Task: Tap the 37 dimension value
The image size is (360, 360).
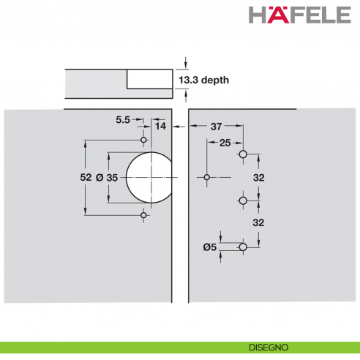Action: [x=217, y=127]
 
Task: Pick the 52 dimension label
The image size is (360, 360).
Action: [x=86, y=178]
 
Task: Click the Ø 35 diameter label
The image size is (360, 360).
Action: [x=107, y=178]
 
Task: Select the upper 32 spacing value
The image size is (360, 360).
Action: [x=258, y=177]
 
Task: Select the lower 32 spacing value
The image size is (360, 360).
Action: [x=258, y=222]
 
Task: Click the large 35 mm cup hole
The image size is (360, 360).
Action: [x=150, y=178]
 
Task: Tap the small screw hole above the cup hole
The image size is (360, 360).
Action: [x=144, y=140]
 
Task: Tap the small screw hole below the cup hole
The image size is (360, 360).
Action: [x=144, y=216]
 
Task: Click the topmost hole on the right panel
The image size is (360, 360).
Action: [x=243, y=154]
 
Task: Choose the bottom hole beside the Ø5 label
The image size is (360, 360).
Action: [x=243, y=247]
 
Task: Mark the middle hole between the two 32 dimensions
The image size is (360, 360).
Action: [x=243, y=200]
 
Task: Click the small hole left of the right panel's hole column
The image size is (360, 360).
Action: [x=207, y=178]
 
